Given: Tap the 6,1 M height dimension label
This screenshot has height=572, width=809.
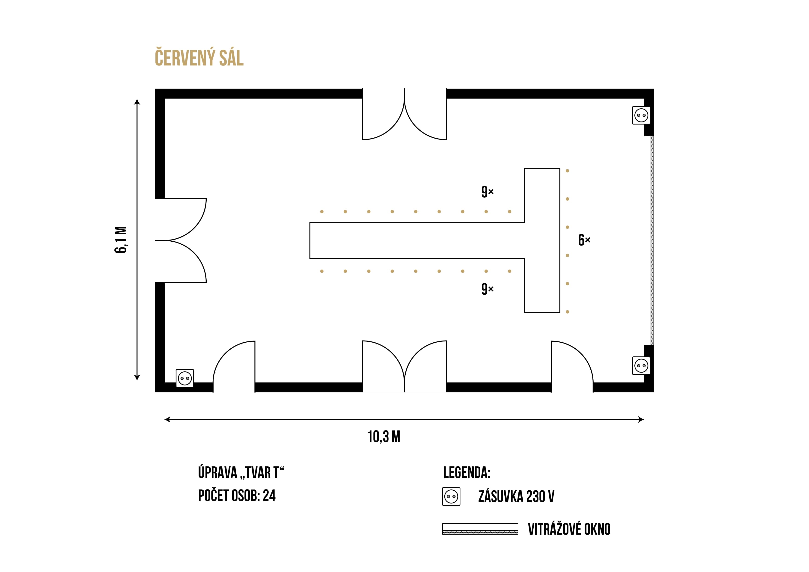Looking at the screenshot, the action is (x=121, y=240).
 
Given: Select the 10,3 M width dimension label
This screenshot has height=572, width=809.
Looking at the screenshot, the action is (x=384, y=437).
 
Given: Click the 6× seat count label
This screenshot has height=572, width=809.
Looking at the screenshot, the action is (x=584, y=240).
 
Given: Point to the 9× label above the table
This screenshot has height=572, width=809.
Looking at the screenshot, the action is (x=487, y=192).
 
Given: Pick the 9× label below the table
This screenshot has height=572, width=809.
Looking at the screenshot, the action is (x=487, y=289).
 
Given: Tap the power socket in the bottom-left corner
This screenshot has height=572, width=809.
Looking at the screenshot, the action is (x=185, y=378).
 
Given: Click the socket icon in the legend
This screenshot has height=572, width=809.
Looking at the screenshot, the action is (x=451, y=497).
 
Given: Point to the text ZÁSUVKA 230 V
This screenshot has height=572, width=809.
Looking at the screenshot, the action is (x=516, y=497).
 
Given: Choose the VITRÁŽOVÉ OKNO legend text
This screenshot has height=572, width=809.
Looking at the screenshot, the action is (x=569, y=529).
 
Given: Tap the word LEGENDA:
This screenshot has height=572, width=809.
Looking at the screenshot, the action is (x=467, y=473).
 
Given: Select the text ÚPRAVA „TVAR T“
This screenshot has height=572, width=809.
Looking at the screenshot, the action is (x=241, y=473).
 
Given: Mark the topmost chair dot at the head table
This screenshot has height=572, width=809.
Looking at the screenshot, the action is (x=567, y=171).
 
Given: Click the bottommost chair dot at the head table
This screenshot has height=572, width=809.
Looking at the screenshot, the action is (x=567, y=312).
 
